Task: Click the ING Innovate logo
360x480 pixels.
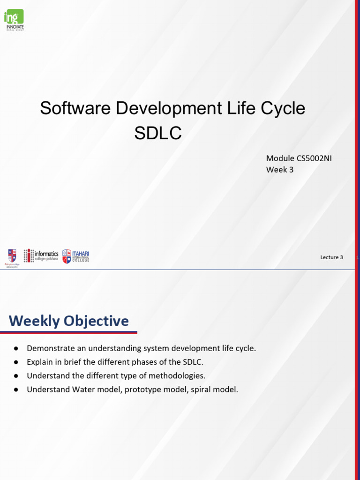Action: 14,20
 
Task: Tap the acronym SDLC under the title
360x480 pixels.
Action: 157,133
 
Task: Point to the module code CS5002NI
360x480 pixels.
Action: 314,158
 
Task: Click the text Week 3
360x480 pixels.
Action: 280,170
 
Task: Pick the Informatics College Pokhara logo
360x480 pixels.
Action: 41,255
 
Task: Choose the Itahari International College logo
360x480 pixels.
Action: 75,256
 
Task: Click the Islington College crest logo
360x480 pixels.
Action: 12,256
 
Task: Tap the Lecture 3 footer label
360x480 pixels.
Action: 331,257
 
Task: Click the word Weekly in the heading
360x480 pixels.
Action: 35,321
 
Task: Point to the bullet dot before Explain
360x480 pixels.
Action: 16,362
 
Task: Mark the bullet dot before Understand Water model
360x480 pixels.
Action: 16,390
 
